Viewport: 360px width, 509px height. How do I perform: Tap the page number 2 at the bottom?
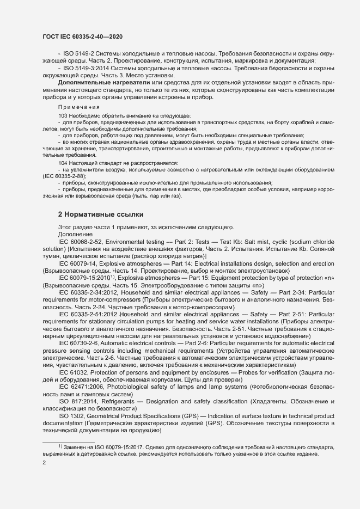click(x=45, y=463)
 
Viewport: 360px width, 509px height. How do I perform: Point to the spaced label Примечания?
click(x=79, y=107)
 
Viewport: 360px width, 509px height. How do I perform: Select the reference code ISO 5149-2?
click(x=76, y=54)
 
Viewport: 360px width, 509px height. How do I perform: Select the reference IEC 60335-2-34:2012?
click(x=88, y=292)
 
